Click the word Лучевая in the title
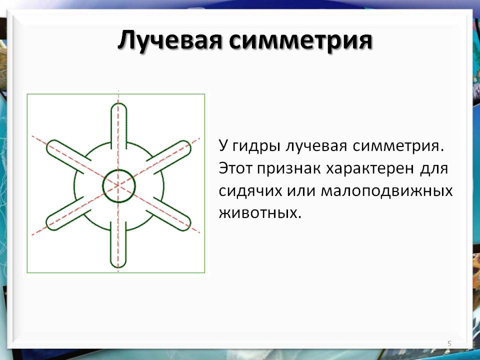coord(169,40)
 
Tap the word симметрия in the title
coord(300,40)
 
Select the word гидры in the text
coord(256,146)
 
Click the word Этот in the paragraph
coord(236,168)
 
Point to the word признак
coord(289,169)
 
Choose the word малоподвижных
coord(386,191)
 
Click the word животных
coord(258,213)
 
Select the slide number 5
coord(449,343)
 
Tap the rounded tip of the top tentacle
coord(118,104)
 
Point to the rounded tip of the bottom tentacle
coord(118,267)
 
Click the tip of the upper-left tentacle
coord(49,145)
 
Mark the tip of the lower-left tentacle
coord(49,225)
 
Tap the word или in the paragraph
coord(301,191)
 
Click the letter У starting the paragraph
coord(223,146)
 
